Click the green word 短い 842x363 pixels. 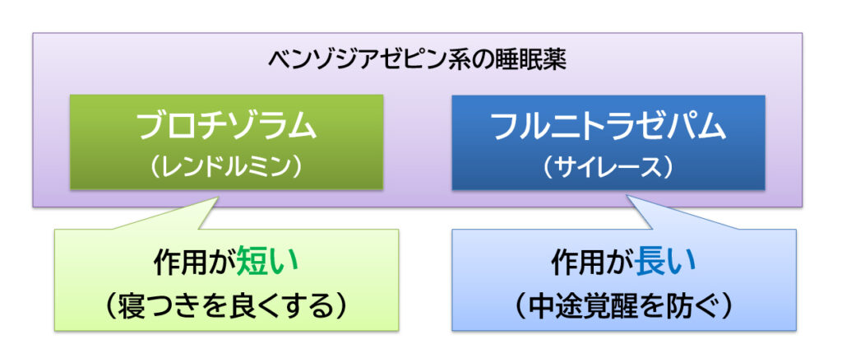(x=267, y=262)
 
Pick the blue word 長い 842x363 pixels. (x=665, y=262)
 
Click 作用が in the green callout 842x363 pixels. (x=194, y=262)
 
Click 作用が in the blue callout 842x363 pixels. (x=593, y=262)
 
